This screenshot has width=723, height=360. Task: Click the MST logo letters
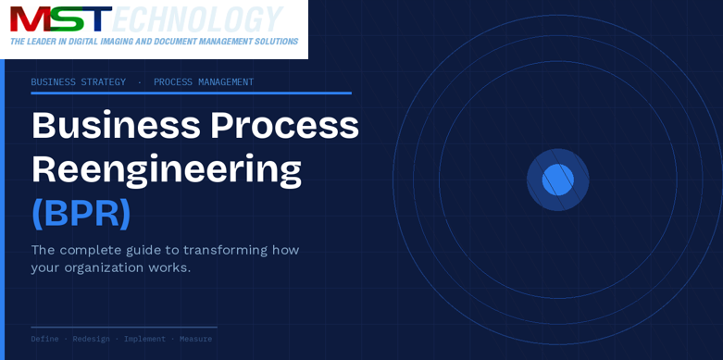(x=60, y=19)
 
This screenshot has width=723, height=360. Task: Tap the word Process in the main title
(x=284, y=126)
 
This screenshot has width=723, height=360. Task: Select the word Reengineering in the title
(x=167, y=169)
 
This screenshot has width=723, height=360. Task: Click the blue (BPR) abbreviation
(x=81, y=213)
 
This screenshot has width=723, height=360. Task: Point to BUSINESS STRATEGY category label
(x=78, y=82)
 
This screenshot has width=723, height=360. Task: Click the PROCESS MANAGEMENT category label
(x=204, y=82)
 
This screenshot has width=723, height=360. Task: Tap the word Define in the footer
(x=44, y=339)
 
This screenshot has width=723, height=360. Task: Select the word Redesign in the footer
(x=91, y=339)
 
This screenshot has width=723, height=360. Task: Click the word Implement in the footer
(x=144, y=339)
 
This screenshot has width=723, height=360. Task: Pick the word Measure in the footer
(x=195, y=339)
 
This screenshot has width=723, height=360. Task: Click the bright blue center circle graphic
(x=557, y=180)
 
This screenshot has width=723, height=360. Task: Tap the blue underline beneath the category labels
(x=191, y=93)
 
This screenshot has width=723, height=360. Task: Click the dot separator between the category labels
(x=140, y=82)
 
